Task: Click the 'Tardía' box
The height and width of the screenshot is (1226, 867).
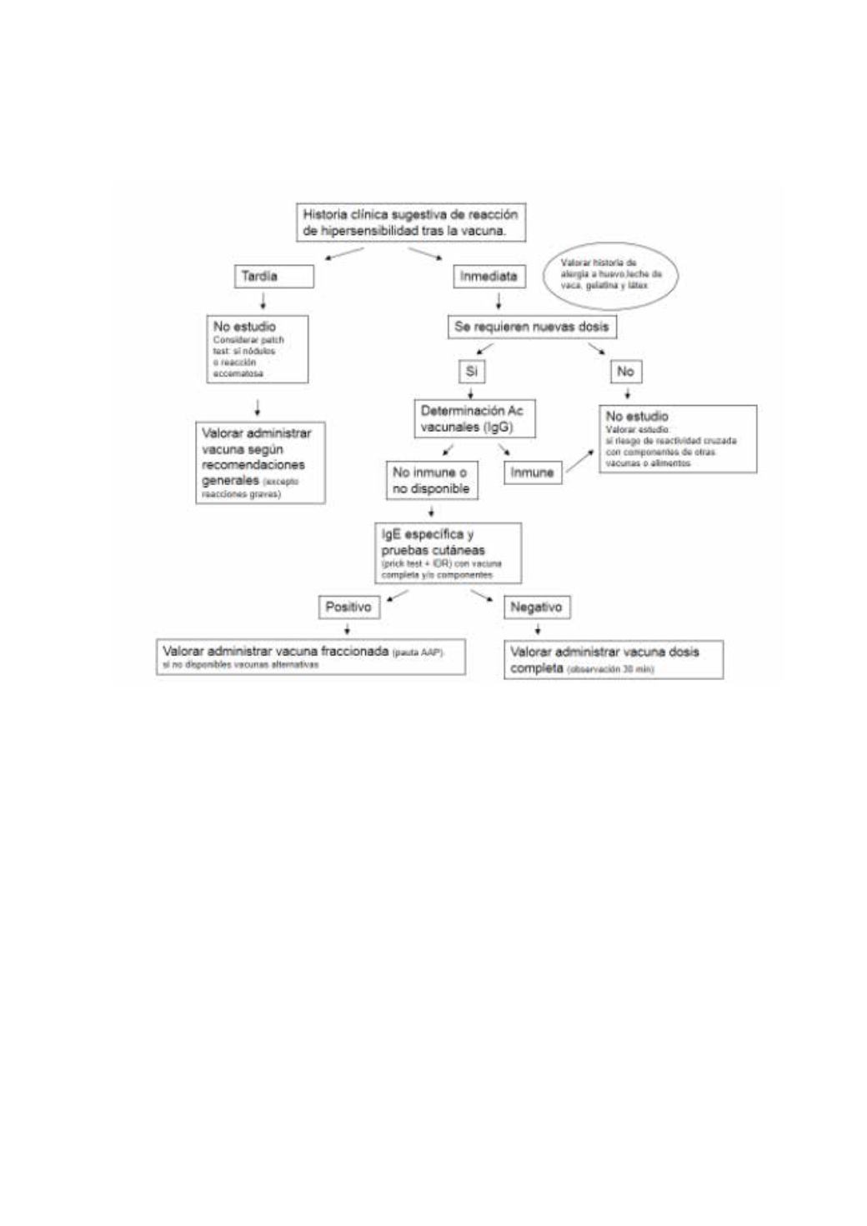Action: tap(273, 276)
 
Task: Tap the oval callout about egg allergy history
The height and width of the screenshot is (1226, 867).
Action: tap(610, 274)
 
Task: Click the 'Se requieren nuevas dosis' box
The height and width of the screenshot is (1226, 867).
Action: tap(532, 327)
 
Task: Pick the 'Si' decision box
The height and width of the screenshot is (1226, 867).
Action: tap(471, 371)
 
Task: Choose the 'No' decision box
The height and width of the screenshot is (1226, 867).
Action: tap(625, 371)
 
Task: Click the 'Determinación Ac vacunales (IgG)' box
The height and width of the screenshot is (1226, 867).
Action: tap(474, 418)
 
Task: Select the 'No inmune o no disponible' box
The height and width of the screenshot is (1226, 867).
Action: tap(431, 480)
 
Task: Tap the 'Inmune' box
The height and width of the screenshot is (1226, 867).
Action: tap(532, 473)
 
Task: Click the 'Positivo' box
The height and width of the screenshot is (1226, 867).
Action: tap(348, 607)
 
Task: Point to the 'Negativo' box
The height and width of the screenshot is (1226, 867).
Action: tap(536, 607)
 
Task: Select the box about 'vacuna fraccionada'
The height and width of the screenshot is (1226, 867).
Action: tap(310, 657)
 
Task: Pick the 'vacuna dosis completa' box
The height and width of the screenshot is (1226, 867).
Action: tap(613, 659)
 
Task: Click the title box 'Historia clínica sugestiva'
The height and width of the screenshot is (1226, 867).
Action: tap(411, 223)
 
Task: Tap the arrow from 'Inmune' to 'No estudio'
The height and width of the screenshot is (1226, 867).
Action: tap(581, 461)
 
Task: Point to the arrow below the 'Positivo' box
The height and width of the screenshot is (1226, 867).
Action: tap(348, 629)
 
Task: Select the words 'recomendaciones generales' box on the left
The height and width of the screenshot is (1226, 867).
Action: tap(260, 463)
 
